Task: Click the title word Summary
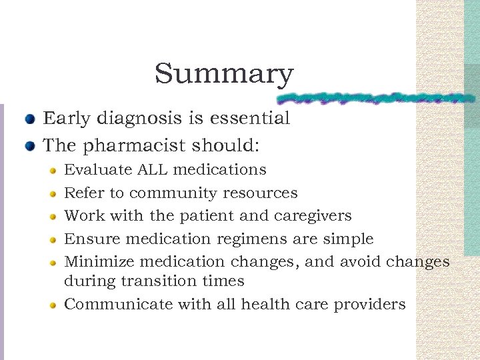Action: [224, 74]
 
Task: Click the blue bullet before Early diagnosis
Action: [30, 121]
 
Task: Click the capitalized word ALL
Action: [153, 170]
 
